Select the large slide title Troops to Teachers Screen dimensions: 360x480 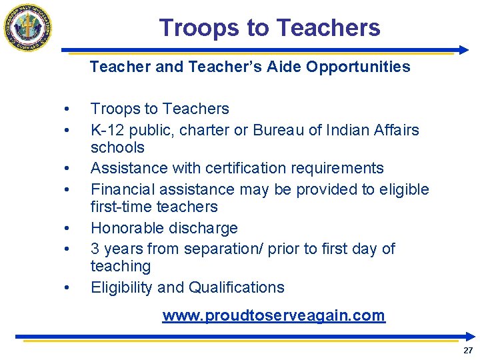(x=269, y=28)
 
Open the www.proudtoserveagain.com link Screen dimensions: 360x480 (x=273, y=315)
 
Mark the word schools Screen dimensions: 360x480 (x=117, y=147)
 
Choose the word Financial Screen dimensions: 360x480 (x=120, y=189)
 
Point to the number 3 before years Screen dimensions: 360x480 (x=95, y=249)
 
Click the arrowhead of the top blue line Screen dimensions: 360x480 (x=465, y=50)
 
